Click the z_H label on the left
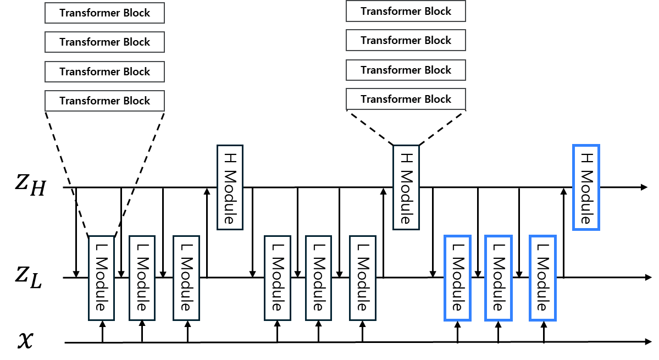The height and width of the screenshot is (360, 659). [x=30, y=185]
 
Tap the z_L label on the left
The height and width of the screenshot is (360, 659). [x=29, y=276]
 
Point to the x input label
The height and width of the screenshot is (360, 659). [x=25, y=340]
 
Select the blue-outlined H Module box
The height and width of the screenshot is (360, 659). [x=586, y=187]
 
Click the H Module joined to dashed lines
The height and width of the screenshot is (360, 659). [x=406, y=187]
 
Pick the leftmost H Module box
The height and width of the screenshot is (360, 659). [x=230, y=187]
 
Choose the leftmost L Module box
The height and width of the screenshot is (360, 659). [x=101, y=278]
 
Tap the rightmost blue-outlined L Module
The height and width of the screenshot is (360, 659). [x=542, y=278]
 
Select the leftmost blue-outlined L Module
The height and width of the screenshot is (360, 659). [x=457, y=278]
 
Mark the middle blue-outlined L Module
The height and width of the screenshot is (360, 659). [x=498, y=278]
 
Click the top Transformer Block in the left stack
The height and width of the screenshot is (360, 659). [x=104, y=13]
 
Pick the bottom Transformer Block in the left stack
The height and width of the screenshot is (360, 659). [x=104, y=101]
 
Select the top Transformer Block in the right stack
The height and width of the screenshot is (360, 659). [x=406, y=11]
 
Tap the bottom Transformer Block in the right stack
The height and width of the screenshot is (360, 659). [x=406, y=99]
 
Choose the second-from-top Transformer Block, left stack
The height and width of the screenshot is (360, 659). [x=104, y=42]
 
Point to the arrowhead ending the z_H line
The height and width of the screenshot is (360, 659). [x=644, y=187]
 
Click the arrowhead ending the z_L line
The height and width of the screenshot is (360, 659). [x=648, y=277]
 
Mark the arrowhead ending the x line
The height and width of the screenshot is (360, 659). [x=648, y=342]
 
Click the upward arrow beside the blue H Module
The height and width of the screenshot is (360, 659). [x=563, y=232]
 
